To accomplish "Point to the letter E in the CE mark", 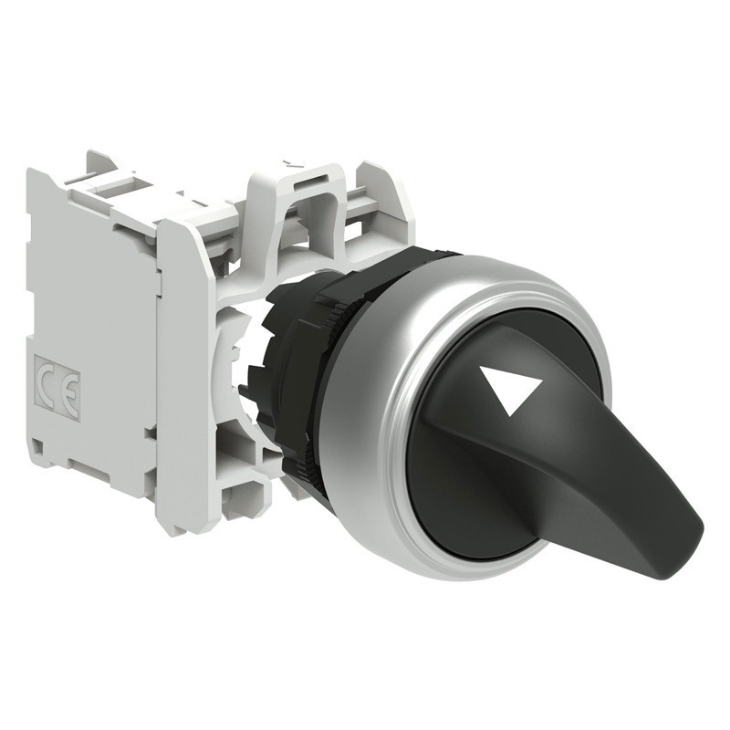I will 70,383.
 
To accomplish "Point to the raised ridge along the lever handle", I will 584,456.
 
